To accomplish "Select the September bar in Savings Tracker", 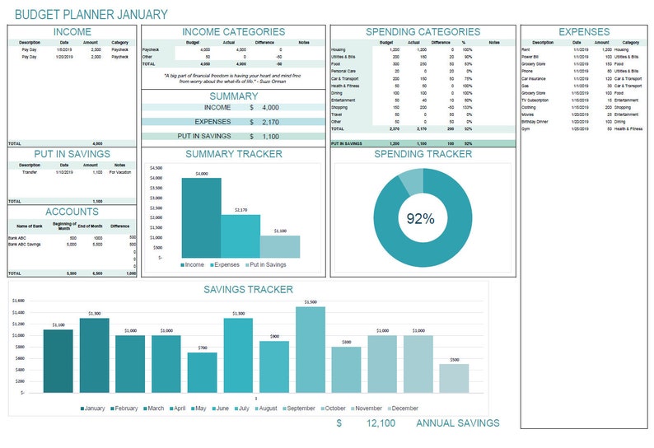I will (310, 350).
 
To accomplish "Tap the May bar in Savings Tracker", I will (202, 372).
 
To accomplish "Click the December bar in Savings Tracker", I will (454, 378).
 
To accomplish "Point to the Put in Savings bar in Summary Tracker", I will (280, 246).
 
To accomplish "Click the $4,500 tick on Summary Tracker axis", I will (156, 167).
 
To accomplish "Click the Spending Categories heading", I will (423, 32).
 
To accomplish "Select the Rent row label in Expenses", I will (526, 49).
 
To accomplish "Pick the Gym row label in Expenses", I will (526, 128).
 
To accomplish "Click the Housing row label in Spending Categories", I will (338, 49).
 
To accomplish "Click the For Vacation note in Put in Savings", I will (119, 172).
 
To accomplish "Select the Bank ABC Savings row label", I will (26, 245).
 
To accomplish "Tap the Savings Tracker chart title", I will (248, 289).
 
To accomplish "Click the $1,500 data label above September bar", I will (310, 302).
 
